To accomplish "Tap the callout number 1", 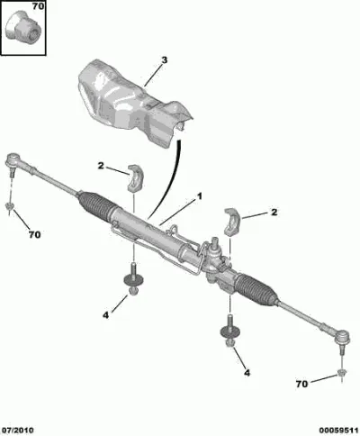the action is [x=199, y=196].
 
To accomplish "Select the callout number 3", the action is [x=164, y=60].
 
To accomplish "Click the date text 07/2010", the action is [x=17, y=431].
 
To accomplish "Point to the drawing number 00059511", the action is [x=338, y=431].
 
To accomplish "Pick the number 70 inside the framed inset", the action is [x=38, y=6].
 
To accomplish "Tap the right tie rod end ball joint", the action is [x=342, y=338].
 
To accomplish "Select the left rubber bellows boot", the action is [x=95, y=204].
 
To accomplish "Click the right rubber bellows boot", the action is [x=255, y=287].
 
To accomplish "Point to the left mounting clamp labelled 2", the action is [x=136, y=177].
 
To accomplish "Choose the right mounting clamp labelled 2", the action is [x=232, y=221].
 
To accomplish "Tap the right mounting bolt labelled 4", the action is [x=230, y=331].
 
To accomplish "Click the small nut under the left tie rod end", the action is [x=10, y=206].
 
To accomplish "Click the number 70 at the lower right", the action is [x=301, y=384].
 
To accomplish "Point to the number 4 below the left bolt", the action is [x=106, y=315].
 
